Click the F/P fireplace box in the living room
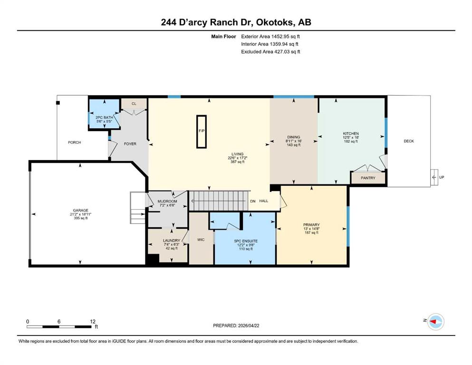pos(202,132)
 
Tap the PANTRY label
pos(368,178)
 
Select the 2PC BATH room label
pos(104,117)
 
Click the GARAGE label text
pos(81,211)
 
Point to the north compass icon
pos(435,321)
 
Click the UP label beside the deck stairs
pos(441,177)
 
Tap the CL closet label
pos(134,104)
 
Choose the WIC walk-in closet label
pos(201,240)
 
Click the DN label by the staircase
pos(253,201)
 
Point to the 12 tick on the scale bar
pos(93,321)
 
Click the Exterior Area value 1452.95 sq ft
pos(285,37)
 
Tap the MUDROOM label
pos(167,202)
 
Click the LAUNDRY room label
pos(172,240)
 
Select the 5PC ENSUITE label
pos(246,241)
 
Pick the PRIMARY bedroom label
pos(311,225)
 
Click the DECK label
pos(409,141)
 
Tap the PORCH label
pos(74,142)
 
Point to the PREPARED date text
pos(236,326)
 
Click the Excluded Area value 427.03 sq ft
pos(287,51)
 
